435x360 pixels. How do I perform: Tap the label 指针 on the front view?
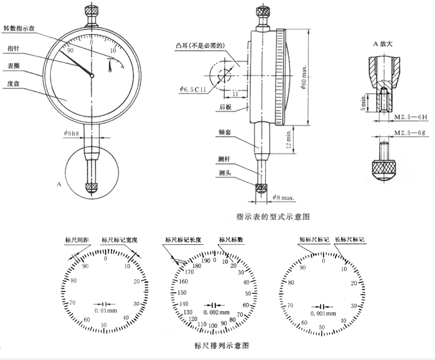click(12, 48)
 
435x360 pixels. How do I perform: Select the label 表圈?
click(12, 65)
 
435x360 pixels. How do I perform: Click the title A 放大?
click(384, 44)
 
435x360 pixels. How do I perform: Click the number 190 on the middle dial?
click(206, 261)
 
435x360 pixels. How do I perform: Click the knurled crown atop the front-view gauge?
click(91, 11)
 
